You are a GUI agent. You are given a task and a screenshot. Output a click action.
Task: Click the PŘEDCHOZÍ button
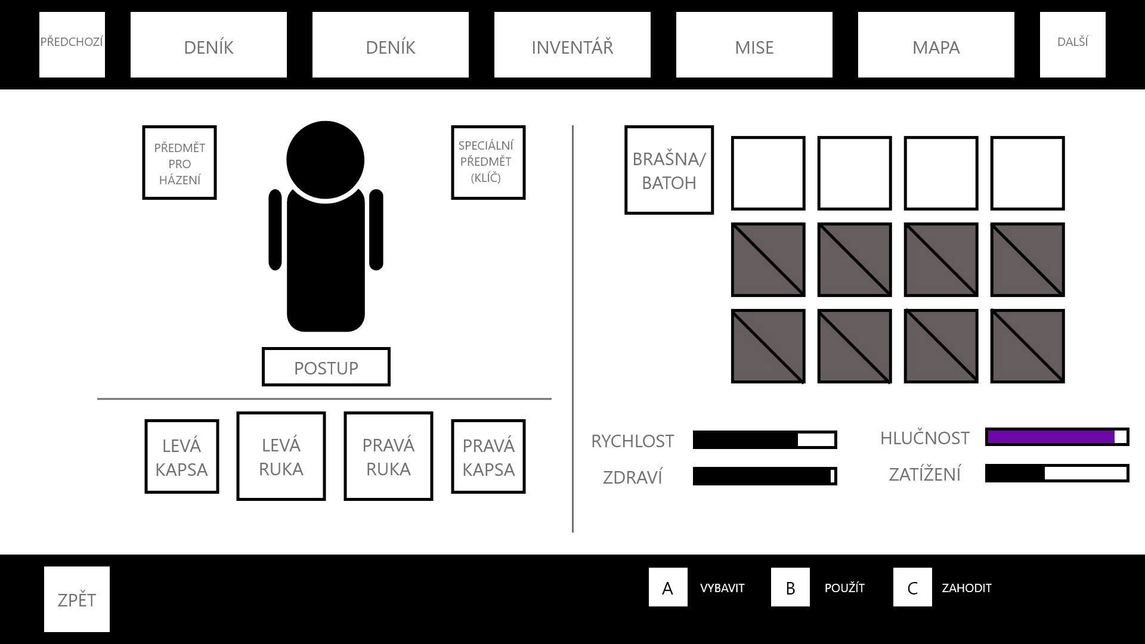pos(72,45)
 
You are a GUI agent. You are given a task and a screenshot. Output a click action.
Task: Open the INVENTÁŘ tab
pos(572,45)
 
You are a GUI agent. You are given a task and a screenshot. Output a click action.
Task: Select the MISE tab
pos(754,45)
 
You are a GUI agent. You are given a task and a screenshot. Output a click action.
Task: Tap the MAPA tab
pos(936,45)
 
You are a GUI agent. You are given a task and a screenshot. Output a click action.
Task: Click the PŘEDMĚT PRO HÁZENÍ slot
pos(180,163)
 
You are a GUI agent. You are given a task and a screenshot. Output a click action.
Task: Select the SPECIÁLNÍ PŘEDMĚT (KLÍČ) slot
pos(488,162)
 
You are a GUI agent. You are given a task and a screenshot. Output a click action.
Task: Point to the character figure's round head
pos(325,160)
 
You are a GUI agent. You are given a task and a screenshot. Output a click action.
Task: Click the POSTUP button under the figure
pos(326,367)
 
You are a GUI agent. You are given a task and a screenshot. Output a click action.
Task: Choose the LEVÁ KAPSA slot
pos(181,457)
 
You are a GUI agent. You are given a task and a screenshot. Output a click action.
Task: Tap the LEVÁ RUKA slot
pos(281,456)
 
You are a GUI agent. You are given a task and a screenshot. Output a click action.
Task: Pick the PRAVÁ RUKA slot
pos(388,456)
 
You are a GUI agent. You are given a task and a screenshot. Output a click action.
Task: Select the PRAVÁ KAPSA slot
pos(488,457)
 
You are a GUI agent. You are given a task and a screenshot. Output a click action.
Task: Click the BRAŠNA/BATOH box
pos(669,170)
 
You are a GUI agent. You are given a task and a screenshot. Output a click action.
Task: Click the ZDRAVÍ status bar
pos(765,476)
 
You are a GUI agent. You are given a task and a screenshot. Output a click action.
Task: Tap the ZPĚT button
pos(77,599)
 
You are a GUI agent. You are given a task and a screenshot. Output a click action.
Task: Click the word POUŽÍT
pos(844,588)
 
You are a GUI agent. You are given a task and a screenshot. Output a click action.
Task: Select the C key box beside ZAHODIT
pos(912,587)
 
